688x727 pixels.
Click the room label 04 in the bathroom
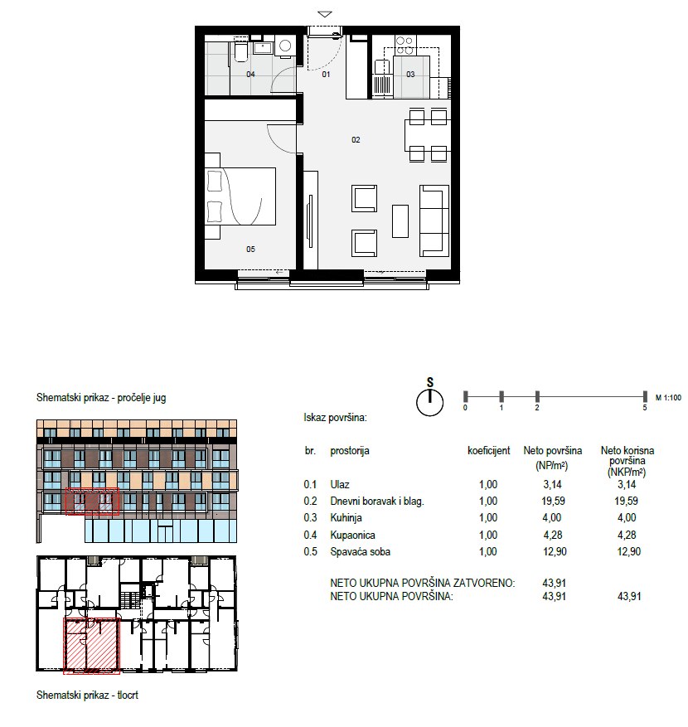(250, 74)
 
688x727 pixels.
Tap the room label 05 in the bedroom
(250, 250)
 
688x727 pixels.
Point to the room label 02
(356, 139)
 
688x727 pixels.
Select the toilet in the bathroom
(241, 52)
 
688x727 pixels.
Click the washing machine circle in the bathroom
(285, 46)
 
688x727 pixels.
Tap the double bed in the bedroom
(240, 196)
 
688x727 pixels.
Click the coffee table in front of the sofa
(400, 221)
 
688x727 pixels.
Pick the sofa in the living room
(434, 221)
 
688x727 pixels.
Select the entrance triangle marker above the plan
(325, 14)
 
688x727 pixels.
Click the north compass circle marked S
(429, 402)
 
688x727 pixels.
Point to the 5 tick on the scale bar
(645, 397)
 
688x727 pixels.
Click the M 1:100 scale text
(668, 398)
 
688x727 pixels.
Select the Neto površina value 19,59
(553, 502)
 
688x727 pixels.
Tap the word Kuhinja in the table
(346, 518)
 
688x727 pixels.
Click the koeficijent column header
(489, 451)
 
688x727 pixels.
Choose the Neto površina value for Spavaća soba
(555, 552)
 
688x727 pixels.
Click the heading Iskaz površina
(335, 418)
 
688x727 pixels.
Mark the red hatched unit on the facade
(92, 502)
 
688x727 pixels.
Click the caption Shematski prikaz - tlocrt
(87, 695)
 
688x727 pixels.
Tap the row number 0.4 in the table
(310, 535)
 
